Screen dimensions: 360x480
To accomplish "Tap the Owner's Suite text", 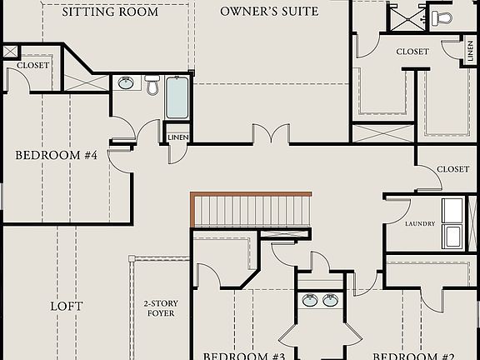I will click(x=269, y=12).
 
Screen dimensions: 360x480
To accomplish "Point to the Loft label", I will click(x=67, y=306).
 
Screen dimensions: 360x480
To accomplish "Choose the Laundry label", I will click(x=420, y=224).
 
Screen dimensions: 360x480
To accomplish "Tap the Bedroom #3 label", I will click(x=245, y=356).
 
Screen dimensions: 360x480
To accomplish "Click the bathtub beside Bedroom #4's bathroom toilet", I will click(x=177, y=98).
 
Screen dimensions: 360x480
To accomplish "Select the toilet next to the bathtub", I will click(x=152, y=84).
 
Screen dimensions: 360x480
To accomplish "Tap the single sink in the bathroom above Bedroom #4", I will click(x=127, y=82).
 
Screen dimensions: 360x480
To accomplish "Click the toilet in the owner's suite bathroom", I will click(x=442, y=17).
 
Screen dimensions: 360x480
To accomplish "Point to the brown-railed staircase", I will click(x=250, y=209).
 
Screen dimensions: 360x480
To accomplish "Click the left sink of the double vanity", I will click(x=310, y=300).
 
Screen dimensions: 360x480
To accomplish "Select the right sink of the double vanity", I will click(x=331, y=300).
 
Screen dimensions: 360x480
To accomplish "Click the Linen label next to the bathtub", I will click(x=178, y=137).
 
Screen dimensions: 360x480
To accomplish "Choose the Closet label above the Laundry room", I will click(x=452, y=169).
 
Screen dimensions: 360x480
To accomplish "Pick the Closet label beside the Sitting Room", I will click(x=32, y=65).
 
